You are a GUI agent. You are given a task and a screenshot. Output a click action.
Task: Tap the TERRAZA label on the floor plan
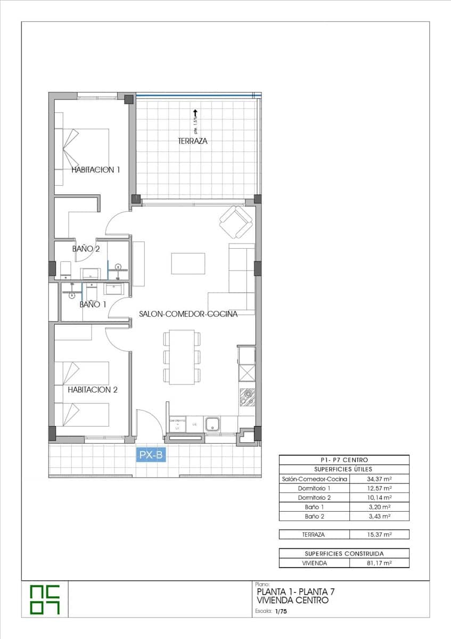[193, 141]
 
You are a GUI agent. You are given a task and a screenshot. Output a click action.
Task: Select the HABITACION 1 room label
[96, 170]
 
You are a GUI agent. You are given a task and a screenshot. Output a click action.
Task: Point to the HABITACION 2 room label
[92, 390]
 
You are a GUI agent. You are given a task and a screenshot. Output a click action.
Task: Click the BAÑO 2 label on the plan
[86, 249]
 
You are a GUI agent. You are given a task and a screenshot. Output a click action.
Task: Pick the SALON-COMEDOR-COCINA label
[188, 314]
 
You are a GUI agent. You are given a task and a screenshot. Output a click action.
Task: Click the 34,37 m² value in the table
[379, 479]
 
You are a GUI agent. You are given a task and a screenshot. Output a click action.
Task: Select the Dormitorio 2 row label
[314, 497]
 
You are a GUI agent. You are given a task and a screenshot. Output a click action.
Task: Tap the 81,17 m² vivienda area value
[379, 562]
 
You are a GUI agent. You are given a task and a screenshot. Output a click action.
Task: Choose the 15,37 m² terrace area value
[379, 534]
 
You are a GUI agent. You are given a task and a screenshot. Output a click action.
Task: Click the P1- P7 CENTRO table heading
[344, 460]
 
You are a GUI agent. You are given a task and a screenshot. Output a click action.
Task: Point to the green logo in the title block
[45, 600]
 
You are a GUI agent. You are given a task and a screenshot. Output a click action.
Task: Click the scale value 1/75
[280, 612]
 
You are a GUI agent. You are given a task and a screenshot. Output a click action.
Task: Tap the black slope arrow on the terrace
[195, 113]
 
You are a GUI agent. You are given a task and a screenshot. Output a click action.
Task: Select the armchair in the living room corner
[236, 222]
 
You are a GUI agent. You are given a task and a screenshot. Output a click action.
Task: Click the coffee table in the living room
[188, 263]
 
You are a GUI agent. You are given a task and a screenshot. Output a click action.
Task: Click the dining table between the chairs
[179, 357]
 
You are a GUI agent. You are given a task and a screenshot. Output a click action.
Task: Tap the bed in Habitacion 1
[85, 149]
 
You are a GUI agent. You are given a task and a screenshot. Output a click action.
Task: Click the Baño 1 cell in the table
[314, 507]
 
